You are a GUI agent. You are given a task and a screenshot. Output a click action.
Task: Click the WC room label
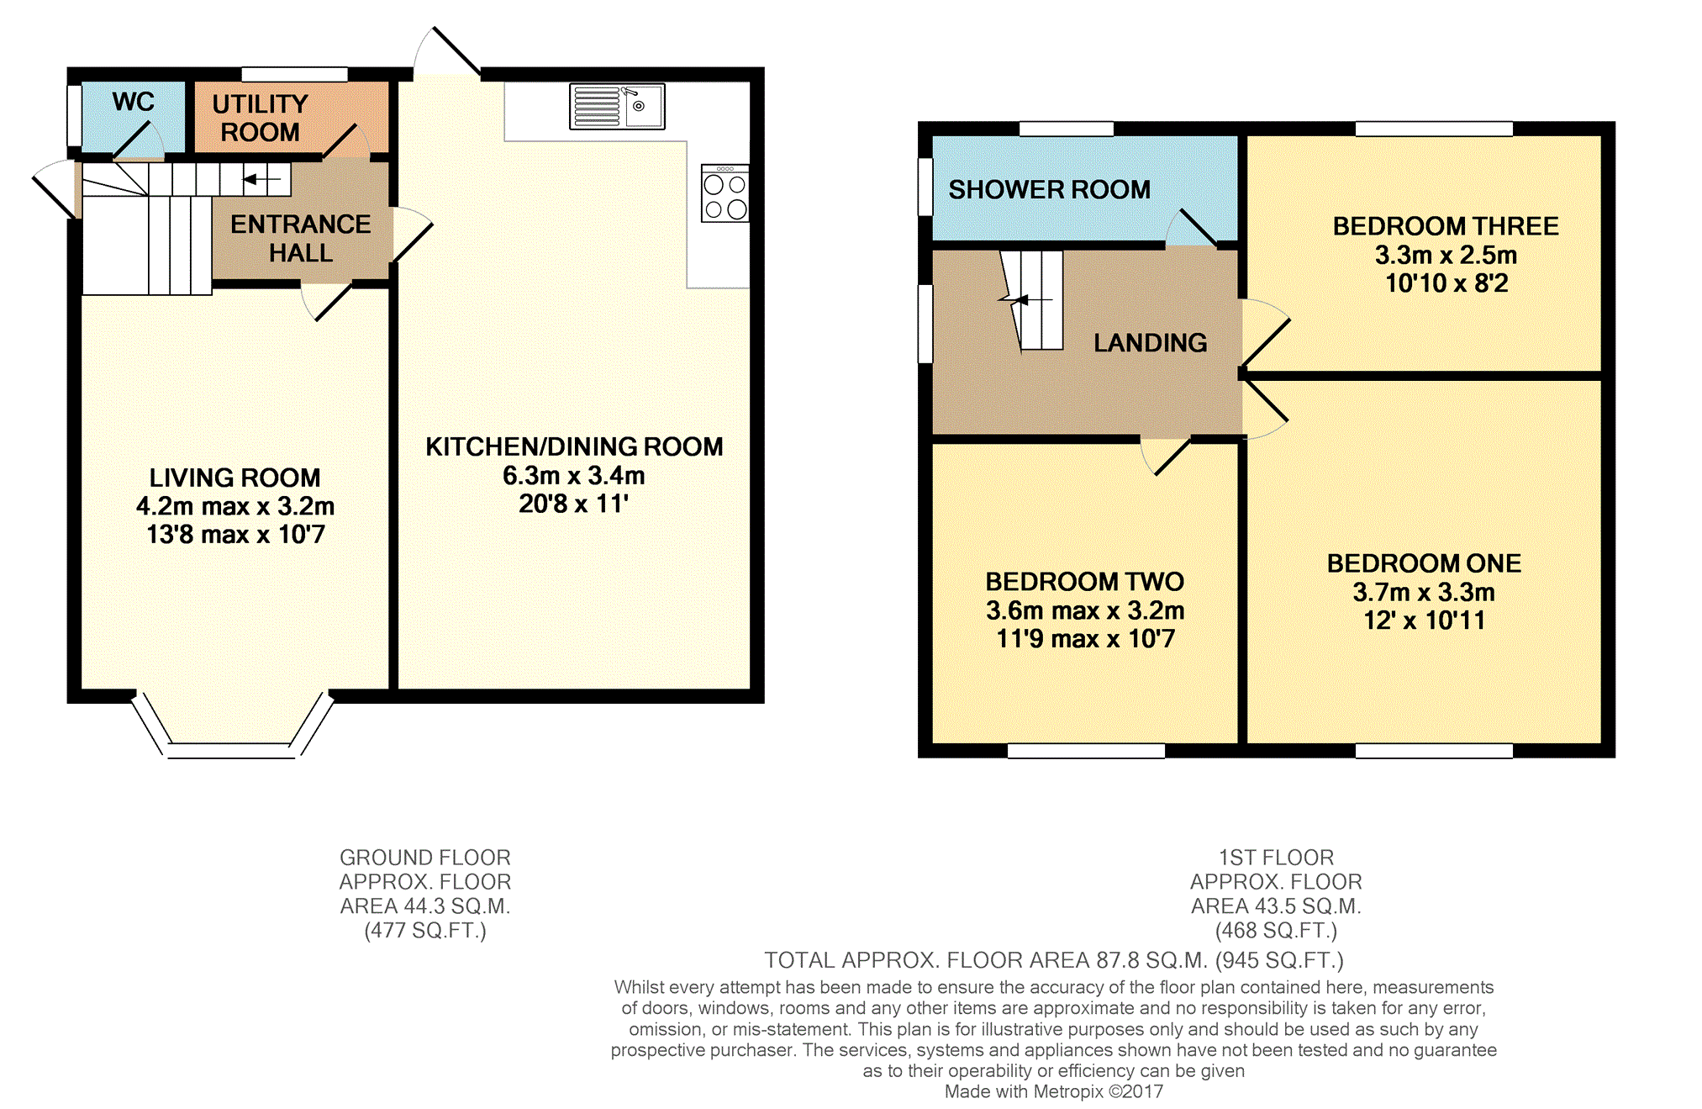click(x=133, y=102)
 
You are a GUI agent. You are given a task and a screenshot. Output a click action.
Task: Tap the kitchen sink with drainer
click(x=617, y=107)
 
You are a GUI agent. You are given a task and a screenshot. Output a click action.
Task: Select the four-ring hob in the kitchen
click(x=725, y=194)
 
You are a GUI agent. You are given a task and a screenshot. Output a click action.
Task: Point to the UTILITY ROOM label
click(x=260, y=118)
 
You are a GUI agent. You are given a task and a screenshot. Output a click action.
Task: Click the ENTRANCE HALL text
click(x=300, y=238)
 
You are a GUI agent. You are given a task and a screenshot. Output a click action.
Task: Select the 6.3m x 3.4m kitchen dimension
click(x=573, y=476)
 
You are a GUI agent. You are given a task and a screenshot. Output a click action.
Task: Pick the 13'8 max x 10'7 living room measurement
click(x=235, y=535)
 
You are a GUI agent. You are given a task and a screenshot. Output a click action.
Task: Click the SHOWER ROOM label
click(x=1049, y=190)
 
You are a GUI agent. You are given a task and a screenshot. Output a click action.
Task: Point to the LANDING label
click(x=1150, y=343)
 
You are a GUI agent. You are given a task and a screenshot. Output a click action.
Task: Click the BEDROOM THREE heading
click(x=1445, y=226)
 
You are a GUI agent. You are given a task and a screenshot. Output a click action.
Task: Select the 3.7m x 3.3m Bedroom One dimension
click(x=1423, y=593)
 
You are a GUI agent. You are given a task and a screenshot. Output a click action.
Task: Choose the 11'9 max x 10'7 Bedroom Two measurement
click(x=1085, y=639)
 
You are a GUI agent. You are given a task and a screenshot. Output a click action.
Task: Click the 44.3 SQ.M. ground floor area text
click(x=424, y=906)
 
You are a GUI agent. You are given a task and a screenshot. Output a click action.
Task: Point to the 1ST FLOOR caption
click(x=1275, y=858)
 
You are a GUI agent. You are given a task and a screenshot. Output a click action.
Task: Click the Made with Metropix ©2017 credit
click(x=1053, y=1091)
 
